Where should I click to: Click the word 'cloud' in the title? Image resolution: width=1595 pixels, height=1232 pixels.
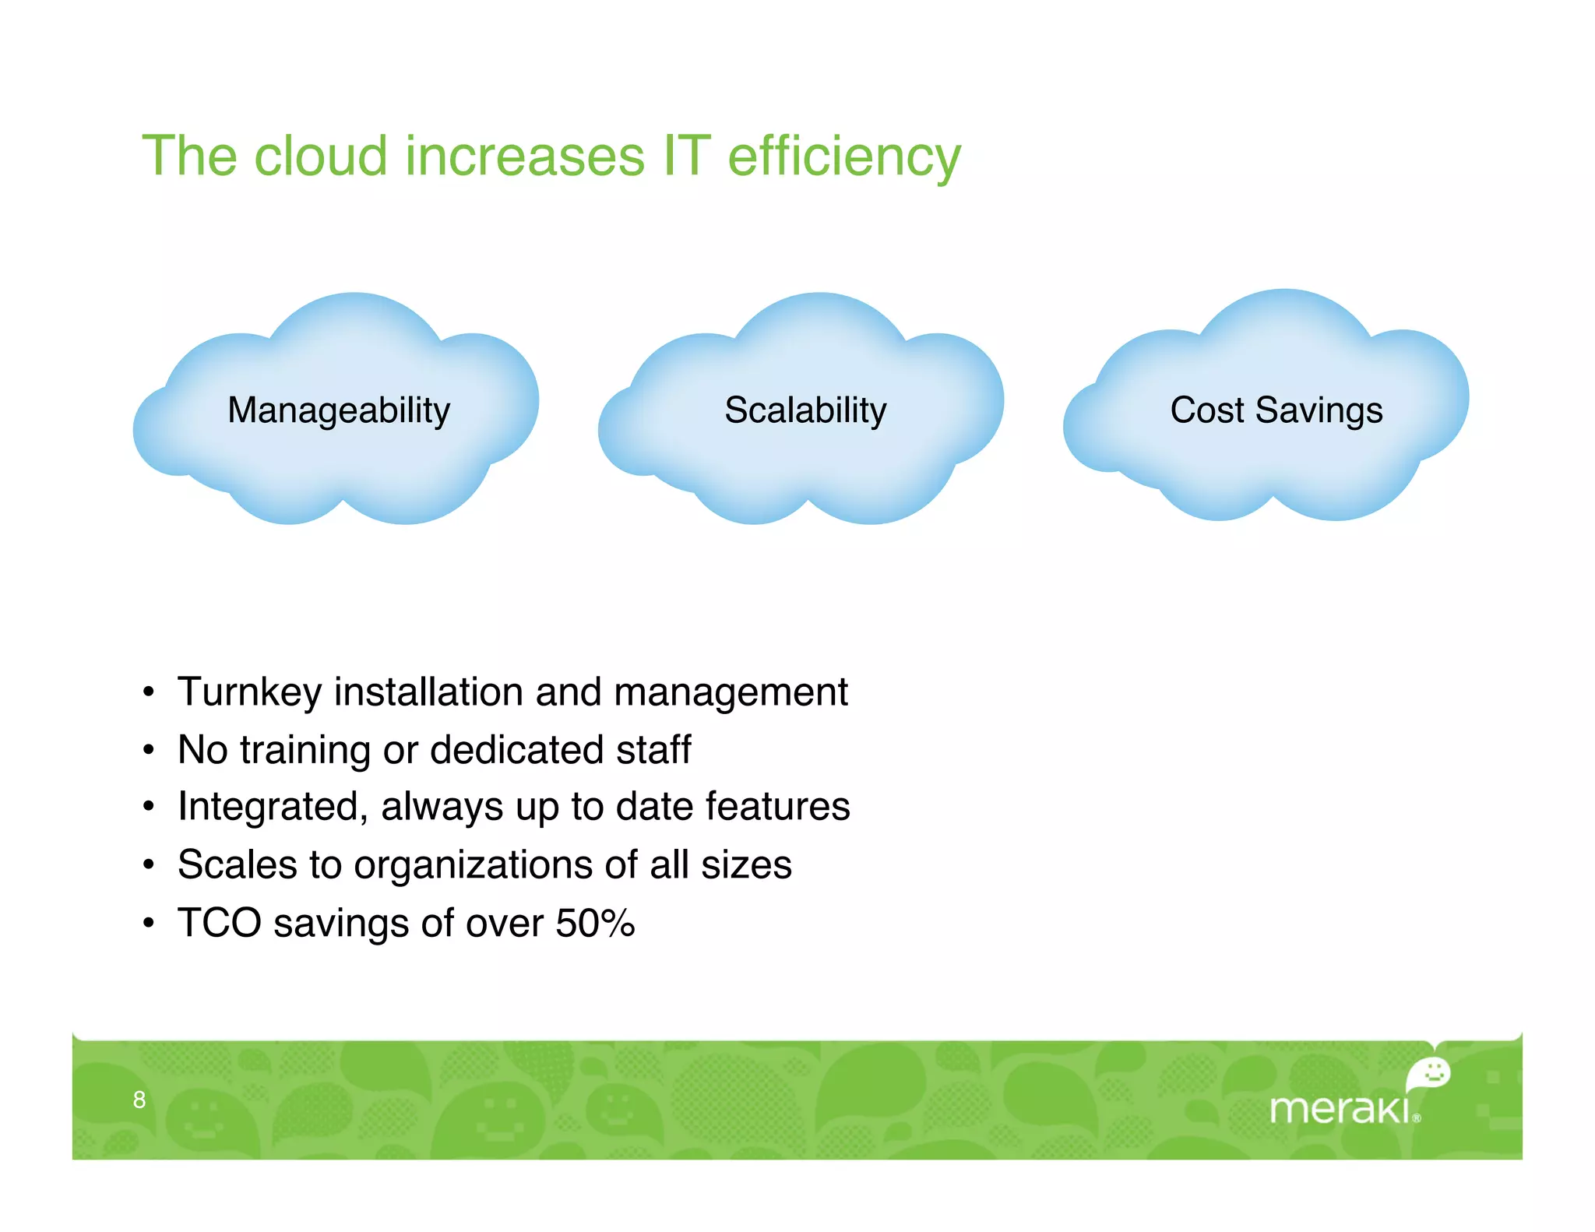coord(320,157)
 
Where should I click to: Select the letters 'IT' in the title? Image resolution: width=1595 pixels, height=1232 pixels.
coord(686,157)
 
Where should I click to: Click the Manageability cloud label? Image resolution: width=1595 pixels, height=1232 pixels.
coord(339,410)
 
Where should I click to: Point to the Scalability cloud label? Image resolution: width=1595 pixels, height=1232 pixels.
coord(805,410)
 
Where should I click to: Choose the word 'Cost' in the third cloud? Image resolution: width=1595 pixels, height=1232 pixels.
coord(1206,410)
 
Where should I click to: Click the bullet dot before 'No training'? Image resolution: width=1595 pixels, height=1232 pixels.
coord(149,750)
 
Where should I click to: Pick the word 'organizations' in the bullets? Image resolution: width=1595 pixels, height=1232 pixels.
coord(478,865)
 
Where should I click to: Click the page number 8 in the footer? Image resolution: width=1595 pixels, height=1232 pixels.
coord(139,1100)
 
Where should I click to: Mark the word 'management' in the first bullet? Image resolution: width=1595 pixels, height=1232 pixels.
coord(730,692)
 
